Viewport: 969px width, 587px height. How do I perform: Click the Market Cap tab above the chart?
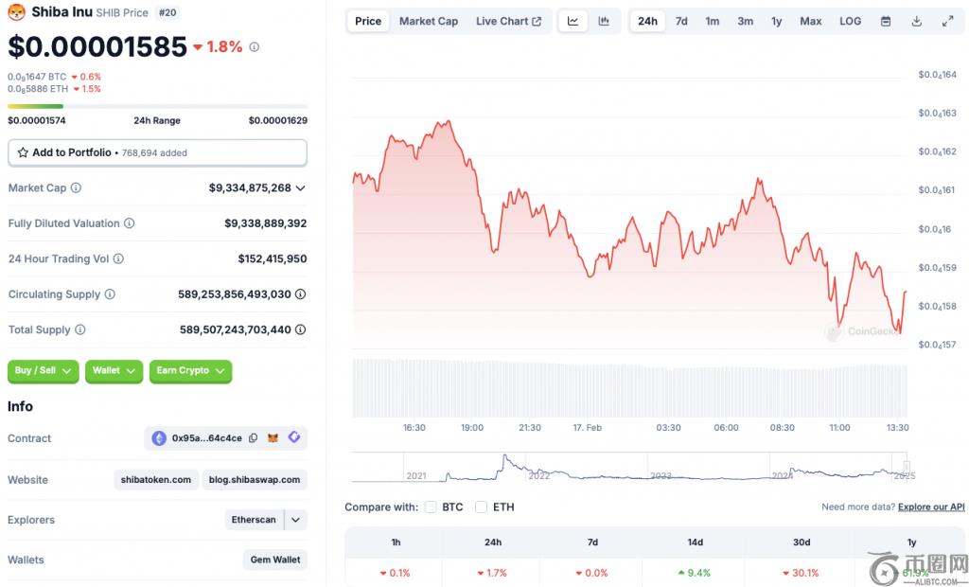click(428, 21)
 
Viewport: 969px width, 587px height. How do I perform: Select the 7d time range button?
click(681, 21)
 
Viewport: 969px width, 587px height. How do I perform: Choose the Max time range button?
click(810, 21)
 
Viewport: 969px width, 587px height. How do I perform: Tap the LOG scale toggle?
click(850, 21)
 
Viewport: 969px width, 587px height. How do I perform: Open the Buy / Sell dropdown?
click(44, 371)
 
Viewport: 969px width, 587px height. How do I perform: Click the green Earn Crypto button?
click(190, 371)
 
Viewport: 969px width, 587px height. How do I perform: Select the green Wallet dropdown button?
click(114, 371)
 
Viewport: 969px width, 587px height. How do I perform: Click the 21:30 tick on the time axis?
click(529, 428)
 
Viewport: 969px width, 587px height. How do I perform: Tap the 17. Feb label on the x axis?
click(587, 428)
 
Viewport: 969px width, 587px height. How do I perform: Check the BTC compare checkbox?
click(431, 507)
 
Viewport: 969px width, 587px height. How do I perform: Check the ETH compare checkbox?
click(481, 507)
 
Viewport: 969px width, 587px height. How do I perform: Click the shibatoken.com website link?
click(156, 480)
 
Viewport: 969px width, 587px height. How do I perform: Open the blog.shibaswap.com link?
click(255, 480)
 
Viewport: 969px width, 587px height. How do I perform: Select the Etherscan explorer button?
click(254, 520)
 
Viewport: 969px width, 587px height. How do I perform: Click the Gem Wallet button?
click(274, 560)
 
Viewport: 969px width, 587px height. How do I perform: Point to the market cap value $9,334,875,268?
click(250, 188)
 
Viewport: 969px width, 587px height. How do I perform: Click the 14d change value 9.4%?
click(696, 573)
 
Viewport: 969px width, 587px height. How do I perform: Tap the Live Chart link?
click(508, 21)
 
